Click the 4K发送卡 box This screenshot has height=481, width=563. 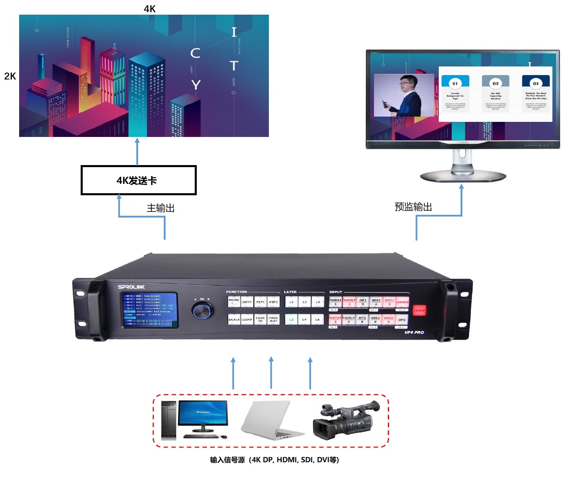(139, 180)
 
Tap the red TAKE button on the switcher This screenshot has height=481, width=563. (420, 311)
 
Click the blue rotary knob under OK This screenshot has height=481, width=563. (202, 311)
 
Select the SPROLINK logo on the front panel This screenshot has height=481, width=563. (131, 287)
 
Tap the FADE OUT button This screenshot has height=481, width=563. (273, 319)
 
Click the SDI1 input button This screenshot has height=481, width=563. (376, 302)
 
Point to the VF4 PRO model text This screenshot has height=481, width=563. (414, 332)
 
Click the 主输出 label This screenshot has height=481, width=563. (161, 208)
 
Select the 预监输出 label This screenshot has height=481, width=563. (413, 207)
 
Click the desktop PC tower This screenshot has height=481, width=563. (169, 420)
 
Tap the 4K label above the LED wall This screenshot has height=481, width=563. (150, 9)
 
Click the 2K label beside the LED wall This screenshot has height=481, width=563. (10, 76)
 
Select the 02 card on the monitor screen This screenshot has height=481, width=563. (495, 93)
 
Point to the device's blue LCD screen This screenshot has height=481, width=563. (151, 310)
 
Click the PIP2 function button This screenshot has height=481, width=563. (273, 302)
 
